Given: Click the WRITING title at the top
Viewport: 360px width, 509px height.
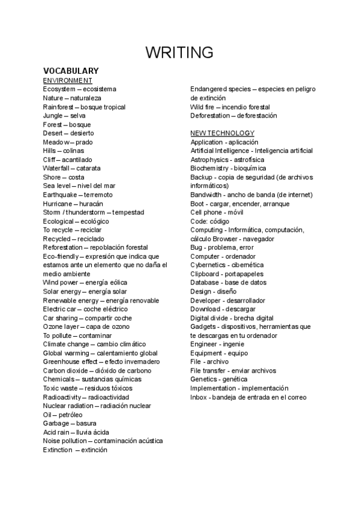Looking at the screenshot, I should tap(179, 52).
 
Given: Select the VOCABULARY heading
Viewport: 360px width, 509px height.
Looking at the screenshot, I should tap(71, 71).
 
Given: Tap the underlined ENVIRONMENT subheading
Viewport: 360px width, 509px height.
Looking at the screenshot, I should tap(68, 80).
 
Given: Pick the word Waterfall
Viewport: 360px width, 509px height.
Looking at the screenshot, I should tap(56, 168).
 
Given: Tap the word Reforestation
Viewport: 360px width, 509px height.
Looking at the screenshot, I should tap(62, 247).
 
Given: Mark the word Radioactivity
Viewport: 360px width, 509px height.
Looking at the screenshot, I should tap(63, 397).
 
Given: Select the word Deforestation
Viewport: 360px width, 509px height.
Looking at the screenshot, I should tap(211, 115).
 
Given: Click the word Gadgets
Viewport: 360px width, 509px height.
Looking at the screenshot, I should tap(203, 327).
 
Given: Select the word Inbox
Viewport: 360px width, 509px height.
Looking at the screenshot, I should tap(199, 397).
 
